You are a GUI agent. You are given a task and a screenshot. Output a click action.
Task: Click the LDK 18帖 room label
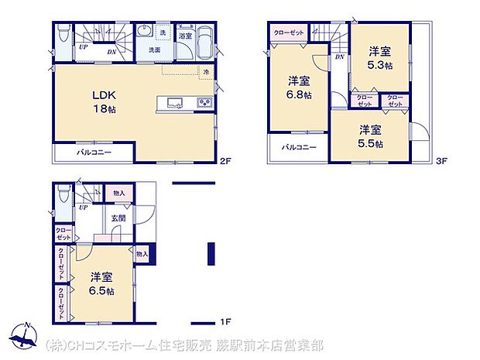point(105,101)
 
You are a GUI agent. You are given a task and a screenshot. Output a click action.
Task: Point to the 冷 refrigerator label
point(207,72)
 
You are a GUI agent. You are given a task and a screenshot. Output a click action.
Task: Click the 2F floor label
point(225,162)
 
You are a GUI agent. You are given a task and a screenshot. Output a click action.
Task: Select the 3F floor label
point(441,162)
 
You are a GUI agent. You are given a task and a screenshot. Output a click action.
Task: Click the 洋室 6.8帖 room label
point(300,87)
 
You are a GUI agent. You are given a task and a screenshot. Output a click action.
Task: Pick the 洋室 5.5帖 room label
point(370,135)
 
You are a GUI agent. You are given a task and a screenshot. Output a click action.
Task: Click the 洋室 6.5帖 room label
point(101,283)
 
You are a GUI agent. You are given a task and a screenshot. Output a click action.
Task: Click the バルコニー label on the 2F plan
point(94,153)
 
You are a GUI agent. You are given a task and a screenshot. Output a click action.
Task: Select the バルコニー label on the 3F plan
point(299,147)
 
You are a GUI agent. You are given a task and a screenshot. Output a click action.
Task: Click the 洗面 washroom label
point(155,50)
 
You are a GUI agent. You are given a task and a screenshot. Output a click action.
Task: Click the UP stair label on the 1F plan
point(82,207)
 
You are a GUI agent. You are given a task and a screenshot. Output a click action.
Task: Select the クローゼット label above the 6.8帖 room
point(290,32)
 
